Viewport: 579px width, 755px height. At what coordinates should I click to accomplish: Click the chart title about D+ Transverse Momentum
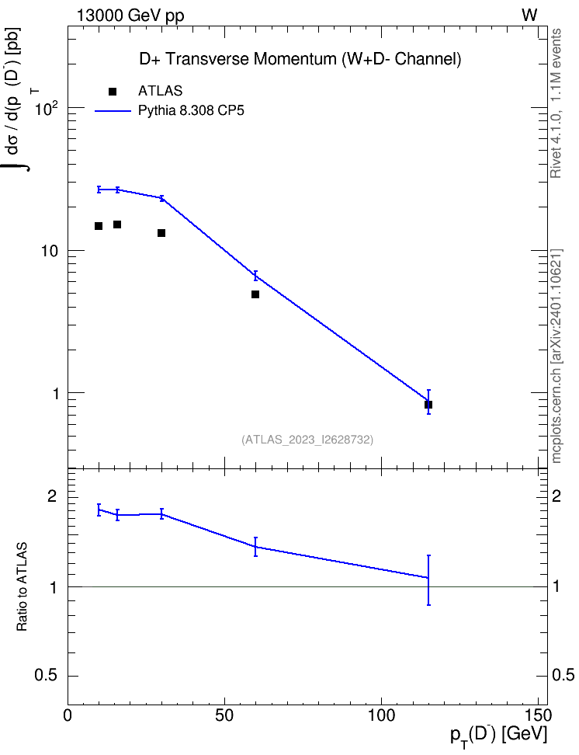(x=300, y=59)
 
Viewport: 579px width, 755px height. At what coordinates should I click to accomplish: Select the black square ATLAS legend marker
(x=113, y=92)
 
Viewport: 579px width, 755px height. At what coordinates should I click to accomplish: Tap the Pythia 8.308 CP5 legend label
(x=191, y=111)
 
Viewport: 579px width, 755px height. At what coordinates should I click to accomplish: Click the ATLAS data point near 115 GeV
(x=428, y=405)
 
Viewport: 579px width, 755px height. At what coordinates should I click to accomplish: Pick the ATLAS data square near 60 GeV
(x=255, y=294)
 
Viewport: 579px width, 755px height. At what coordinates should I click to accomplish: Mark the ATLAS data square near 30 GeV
(x=161, y=233)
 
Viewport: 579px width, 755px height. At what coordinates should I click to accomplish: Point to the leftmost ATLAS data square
(x=99, y=226)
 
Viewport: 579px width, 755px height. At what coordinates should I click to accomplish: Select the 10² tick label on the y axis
(x=47, y=108)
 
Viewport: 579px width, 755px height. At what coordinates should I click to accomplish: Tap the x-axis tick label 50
(x=224, y=715)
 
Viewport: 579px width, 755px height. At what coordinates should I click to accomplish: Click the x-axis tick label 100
(x=381, y=715)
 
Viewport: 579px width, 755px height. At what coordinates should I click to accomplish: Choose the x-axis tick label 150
(x=538, y=715)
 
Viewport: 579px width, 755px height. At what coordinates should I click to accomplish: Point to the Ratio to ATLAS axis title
(x=22, y=586)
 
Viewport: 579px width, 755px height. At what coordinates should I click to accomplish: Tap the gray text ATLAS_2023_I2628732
(x=307, y=440)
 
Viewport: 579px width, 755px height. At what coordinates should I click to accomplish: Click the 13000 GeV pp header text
(x=130, y=16)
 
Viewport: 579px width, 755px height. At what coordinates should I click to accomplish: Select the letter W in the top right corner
(x=529, y=16)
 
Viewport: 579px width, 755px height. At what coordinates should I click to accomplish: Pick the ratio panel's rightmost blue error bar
(x=428, y=579)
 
